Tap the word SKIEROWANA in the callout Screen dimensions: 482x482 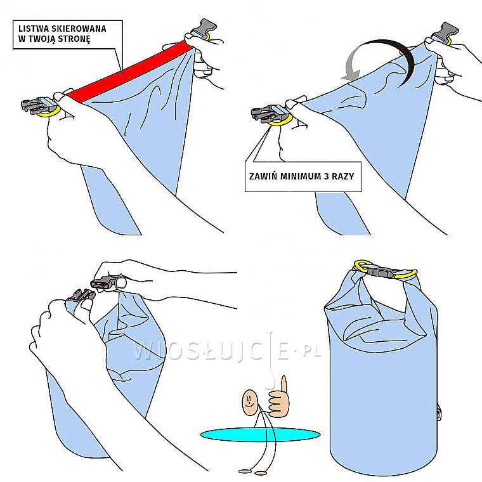tap(81, 28)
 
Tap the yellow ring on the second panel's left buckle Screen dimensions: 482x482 tap(280, 120)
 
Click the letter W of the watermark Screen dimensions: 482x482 tap(144, 351)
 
